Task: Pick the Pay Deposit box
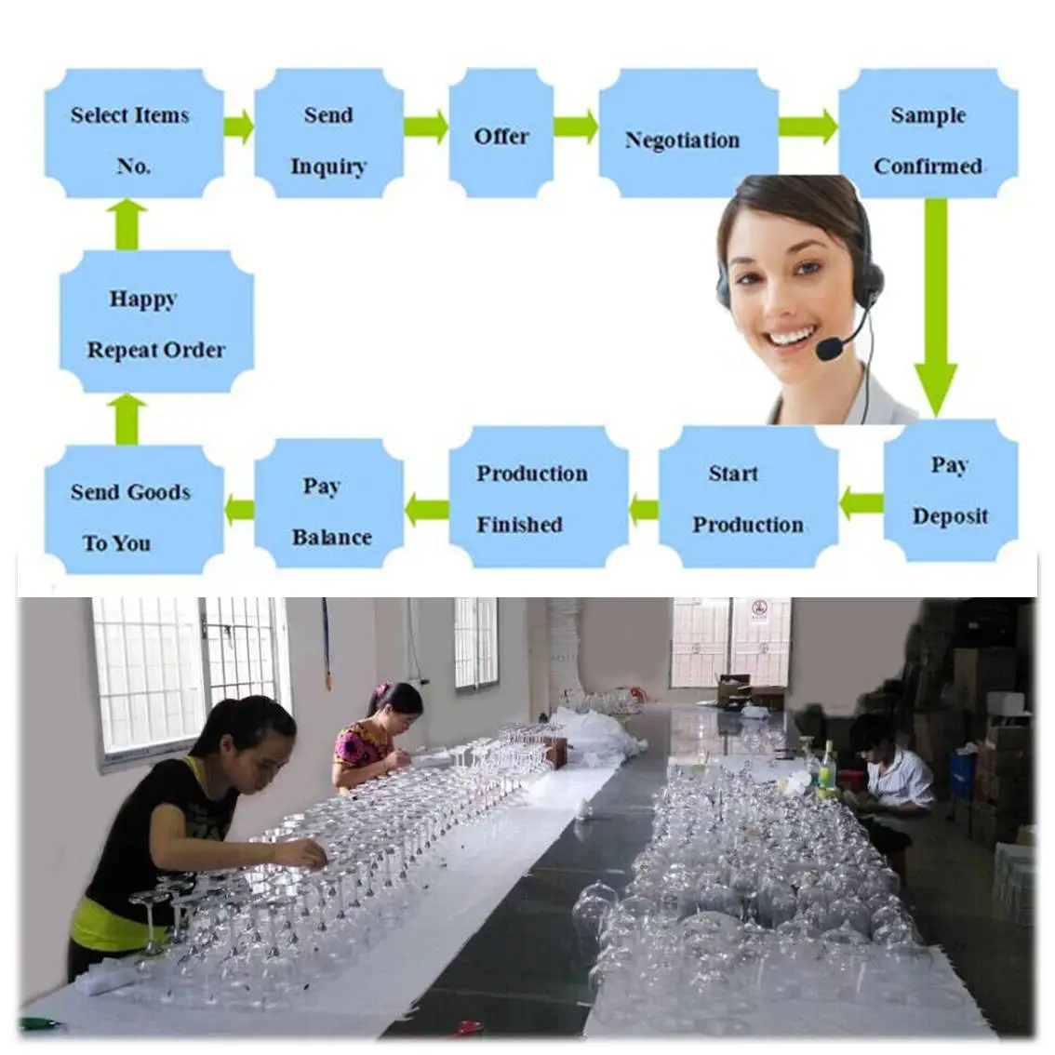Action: [950, 489]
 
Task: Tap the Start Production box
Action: [748, 497]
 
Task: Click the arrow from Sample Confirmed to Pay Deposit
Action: [935, 307]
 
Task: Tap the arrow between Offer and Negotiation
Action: [576, 127]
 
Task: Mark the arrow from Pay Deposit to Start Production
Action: [861, 503]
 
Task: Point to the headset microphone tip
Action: [827, 350]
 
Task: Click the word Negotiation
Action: [682, 140]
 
